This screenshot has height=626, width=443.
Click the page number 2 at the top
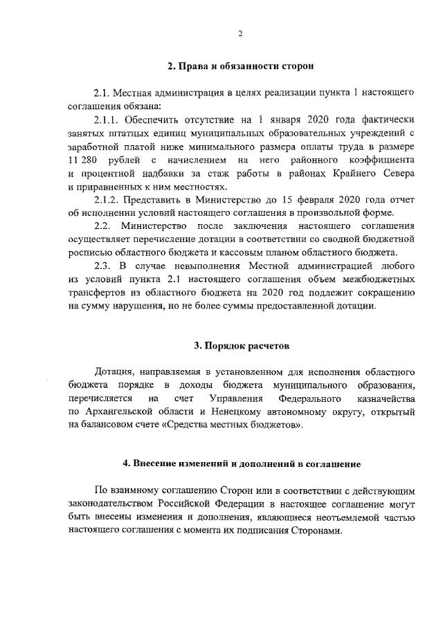[x=240, y=33]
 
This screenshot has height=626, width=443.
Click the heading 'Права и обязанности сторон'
[x=240, y=66]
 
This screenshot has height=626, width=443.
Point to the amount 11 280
[x=82, y=160]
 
